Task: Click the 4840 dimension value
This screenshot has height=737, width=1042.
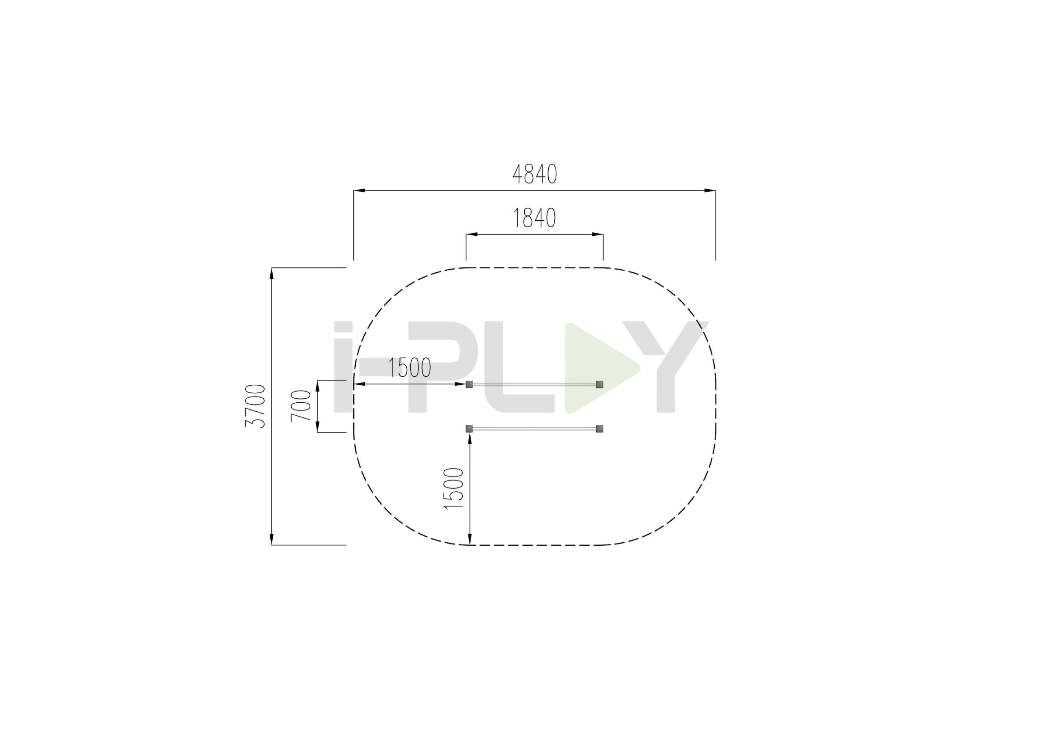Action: coord(534,174)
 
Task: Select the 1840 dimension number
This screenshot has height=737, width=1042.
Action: coord(534,218)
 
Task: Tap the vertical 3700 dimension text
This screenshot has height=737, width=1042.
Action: coord(255,406)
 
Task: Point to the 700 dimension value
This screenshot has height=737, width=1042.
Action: coord(301,406)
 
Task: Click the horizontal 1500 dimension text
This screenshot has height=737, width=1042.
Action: coord(410,368)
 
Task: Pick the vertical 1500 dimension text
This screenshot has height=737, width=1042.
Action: coord(453,489)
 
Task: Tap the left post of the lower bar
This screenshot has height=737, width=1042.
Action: coord(469,429)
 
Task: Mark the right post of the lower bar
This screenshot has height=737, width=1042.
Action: coord(600,429)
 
